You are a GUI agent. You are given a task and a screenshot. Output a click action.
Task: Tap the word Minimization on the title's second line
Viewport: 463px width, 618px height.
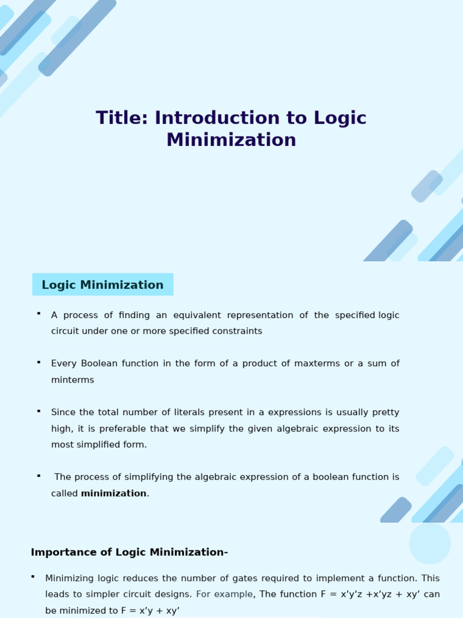(x=231, y=140)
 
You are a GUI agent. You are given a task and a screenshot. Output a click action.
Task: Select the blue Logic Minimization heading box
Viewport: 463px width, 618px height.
(x=102, y=285)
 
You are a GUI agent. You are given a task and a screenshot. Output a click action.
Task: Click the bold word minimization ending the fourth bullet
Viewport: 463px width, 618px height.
(x=114, y=494)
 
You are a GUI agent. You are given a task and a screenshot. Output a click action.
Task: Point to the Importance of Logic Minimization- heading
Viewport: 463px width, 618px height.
(x=129, y=552)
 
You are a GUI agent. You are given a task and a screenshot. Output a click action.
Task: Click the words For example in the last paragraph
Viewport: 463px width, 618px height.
(x=224, y=594)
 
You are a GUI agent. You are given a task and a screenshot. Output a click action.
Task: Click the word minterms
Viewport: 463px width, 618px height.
(x=72, y=380)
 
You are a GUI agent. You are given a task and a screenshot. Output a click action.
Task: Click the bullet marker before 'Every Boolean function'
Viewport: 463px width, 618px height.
(x=39, y=362)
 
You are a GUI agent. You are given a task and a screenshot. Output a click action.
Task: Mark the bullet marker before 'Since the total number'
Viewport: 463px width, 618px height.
(x=39, y=411)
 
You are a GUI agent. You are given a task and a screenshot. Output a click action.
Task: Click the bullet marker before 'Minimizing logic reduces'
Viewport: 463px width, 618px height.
(x=33, y=577)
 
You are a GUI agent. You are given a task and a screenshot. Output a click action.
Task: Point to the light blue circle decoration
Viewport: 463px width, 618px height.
(x=430, y=543)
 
